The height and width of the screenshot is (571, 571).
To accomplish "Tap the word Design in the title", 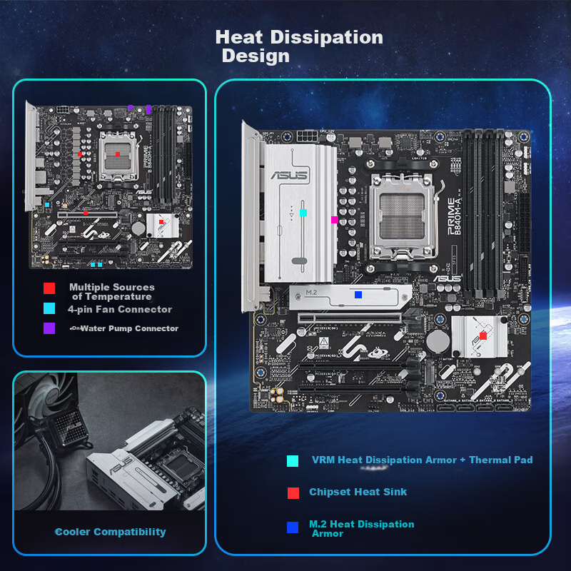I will pyautogui.click(x=256, y=56).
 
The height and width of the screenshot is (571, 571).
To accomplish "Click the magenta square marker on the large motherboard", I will pyautogui.click(x=334, y=220).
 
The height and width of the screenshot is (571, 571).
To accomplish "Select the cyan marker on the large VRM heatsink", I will pyautogui.click(x=303, y=212).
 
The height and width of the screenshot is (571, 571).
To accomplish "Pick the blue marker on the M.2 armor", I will pyautogui.click(x=358, y=294).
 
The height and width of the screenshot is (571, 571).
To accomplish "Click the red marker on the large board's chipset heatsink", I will pyautogui.click(x=483, y=335).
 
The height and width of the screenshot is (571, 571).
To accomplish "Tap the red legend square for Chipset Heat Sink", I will pyautogui.click(x=293, y=492).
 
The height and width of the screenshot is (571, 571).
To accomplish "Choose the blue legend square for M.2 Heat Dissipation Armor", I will pyautogui.click(x=293, y=527).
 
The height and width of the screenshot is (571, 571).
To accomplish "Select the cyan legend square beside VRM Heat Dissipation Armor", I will pyautogui.click(x=293, y=461).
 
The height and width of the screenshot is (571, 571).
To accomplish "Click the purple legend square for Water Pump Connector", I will pyautogui.click(x=49, y=328).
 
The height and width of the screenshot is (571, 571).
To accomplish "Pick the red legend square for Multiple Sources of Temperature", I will pyautogui.click(x=49, y=288).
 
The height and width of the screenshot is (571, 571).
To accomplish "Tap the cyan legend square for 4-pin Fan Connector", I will pyautogui.click(x=49, y=309).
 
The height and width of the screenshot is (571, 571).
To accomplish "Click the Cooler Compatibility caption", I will pyautogui.click(x=111, y=532).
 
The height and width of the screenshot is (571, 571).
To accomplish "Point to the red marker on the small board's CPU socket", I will pyautogui.click(x=117, y=154).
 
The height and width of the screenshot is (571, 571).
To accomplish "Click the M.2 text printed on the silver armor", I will pyautogui.click(x=311, y=293).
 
